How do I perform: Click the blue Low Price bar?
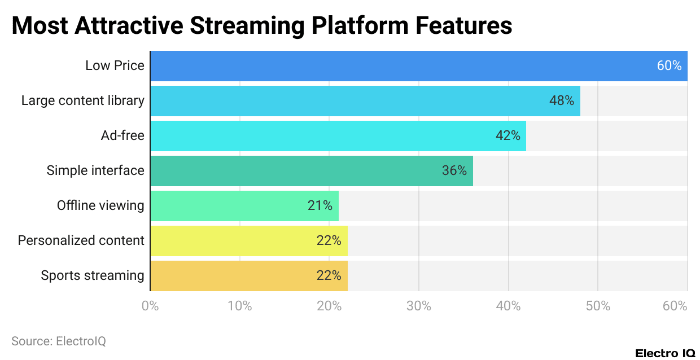click(x=418, y=66)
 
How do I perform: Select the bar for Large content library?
click(x=365, y=101)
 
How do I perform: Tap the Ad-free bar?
click(x=338, y=136)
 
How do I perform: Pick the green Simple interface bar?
click(x=311, y=171)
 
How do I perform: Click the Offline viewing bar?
click(x=244, y=206)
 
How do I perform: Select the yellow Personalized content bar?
click(x=248, y=241)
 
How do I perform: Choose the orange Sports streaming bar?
click(x=248, y=276)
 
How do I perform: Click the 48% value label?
click(x=561, y=101)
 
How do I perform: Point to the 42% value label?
click(x=508, y=136)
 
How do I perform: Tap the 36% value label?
click(x=454, y=171)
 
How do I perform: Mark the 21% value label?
click(x=320, y=206)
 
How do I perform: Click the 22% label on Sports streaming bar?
click(x=329, y=276)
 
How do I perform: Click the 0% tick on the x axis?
click(x=150, y=306)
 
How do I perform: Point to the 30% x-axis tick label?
click(x=419, y=306)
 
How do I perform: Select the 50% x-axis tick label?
click(x=598, y=306)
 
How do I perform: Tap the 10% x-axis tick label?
click(x=240, y=306)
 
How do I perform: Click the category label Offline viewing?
click(x=100, y=206)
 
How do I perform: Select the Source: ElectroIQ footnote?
click(x=59, y=341)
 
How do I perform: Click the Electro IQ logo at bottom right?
click(x=665, y=353)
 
